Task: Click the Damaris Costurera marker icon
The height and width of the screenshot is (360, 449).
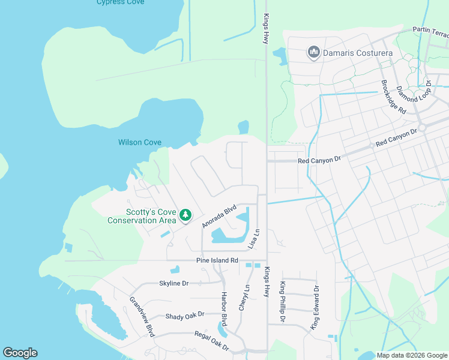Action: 313,53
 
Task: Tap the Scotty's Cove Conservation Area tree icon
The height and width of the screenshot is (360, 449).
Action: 186,215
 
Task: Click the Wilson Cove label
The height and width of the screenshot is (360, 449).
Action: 140,142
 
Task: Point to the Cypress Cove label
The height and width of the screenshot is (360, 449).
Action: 120,2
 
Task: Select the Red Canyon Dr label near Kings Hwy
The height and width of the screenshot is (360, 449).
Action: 319,160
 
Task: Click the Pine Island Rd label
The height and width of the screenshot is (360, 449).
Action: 217,260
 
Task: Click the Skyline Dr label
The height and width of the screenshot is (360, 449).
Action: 174,283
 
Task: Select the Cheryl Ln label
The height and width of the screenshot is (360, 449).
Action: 243,298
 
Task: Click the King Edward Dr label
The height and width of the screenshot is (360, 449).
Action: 315,308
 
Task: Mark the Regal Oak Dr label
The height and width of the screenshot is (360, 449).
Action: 211,340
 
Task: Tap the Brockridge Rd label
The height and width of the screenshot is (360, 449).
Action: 394,97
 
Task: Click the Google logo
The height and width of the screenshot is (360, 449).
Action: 20,353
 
